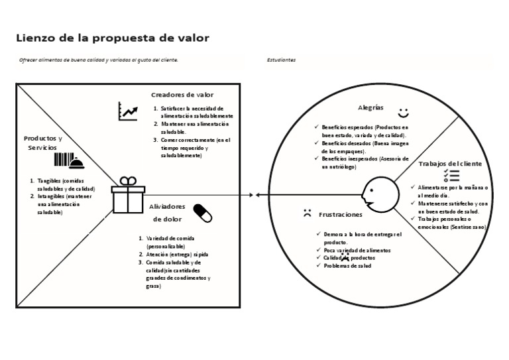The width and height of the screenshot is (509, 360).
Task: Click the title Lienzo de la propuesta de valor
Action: point(113,38)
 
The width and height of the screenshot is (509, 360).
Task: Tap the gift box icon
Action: point(128,194)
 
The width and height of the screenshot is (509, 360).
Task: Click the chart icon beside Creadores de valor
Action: point(128,111)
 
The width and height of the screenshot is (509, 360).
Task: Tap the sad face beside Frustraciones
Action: point(307,213)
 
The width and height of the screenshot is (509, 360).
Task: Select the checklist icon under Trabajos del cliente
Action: point(451,175)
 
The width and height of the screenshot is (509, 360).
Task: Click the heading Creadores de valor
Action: point(182,95)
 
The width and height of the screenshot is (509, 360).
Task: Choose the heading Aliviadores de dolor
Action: point(167,212)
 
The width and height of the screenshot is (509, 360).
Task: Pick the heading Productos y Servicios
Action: point(42,143)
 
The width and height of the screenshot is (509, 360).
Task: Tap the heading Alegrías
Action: point(370,107)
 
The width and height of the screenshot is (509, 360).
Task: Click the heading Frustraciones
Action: point(341,215)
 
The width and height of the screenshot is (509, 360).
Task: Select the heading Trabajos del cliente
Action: point(450,163)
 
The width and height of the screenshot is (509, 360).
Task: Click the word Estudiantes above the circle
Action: point(281,60)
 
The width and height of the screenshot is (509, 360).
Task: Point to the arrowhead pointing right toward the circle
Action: point(251,194)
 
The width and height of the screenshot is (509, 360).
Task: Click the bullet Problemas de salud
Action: point(347,266)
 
